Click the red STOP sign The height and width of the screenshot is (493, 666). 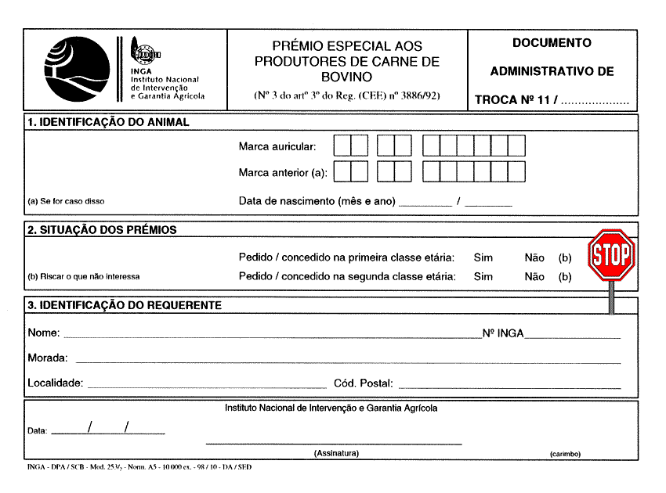(x=611, y=255)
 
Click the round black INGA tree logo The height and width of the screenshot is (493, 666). (x=78, y=70)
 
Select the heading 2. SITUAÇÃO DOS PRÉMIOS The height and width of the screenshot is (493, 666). (x=102, y=230)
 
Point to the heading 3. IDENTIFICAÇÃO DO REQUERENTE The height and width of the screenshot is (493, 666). (x=125, y=305)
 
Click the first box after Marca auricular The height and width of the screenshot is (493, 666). (x=342, y=146)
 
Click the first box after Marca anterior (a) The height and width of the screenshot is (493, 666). (x=342, y=171)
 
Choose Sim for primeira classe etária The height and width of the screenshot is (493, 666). (x=483, y=257)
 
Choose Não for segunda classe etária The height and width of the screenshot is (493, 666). (x=534, y=276)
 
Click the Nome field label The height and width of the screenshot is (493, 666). (x=43, y=333)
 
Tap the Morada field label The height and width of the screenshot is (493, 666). (x=48, y=358)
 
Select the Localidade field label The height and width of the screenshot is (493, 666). (x=55, y=383)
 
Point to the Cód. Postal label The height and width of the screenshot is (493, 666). (x=364, y=383)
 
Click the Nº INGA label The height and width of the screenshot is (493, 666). (x=503, y=333)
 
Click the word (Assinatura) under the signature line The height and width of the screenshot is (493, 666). (x=336, y=453)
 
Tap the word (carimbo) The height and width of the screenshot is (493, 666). (x=565, y=453)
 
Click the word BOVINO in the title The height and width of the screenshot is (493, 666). (x=346, y=77)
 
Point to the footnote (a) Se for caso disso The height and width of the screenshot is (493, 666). (x=66, y=201)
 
